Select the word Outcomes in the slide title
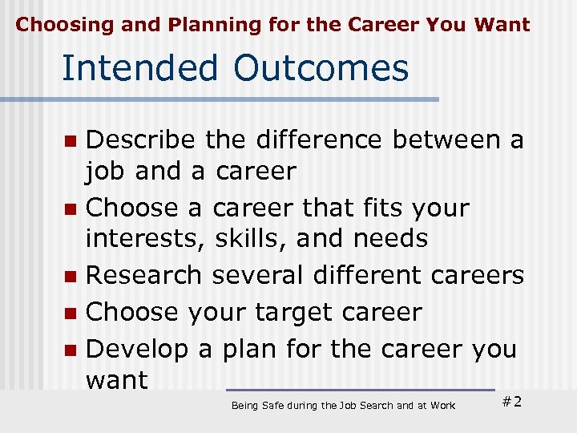tap(321, 68)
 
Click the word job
tap(106, 172)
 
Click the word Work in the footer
tap(442, 406)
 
